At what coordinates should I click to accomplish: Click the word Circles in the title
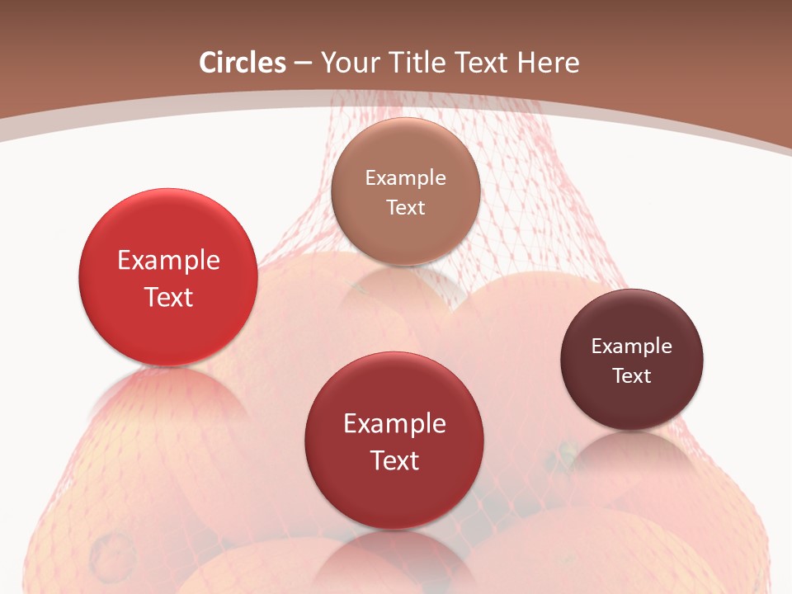pos(242,62)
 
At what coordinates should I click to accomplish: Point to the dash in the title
pos(303,64)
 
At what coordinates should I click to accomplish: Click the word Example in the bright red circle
pos(168,260)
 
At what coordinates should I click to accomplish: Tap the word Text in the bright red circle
pos(168,297)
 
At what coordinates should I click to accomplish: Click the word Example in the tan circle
pos(405,177)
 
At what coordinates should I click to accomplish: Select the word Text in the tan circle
pos(405,207)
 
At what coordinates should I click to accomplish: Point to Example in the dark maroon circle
pos(632,346)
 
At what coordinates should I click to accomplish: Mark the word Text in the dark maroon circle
pos(632,376)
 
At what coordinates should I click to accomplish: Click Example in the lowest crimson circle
pos(394,423)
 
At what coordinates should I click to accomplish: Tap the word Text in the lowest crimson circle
pos(394,460)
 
